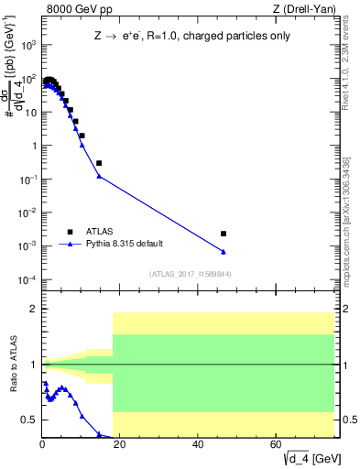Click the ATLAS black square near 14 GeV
[99, 163]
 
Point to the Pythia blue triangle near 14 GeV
[99, 176]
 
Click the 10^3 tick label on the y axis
[28, 45]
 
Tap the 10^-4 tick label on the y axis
[28, 279]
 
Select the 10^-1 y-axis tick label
[28, 179]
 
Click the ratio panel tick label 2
[32, 309]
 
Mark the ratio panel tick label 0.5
[28, 420]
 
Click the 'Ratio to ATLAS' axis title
[12, 365]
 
